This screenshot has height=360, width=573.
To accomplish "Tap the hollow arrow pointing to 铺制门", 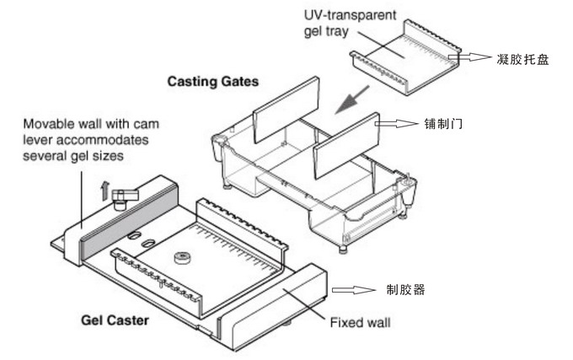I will (394, 124).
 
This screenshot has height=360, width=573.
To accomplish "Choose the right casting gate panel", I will (345, 147).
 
